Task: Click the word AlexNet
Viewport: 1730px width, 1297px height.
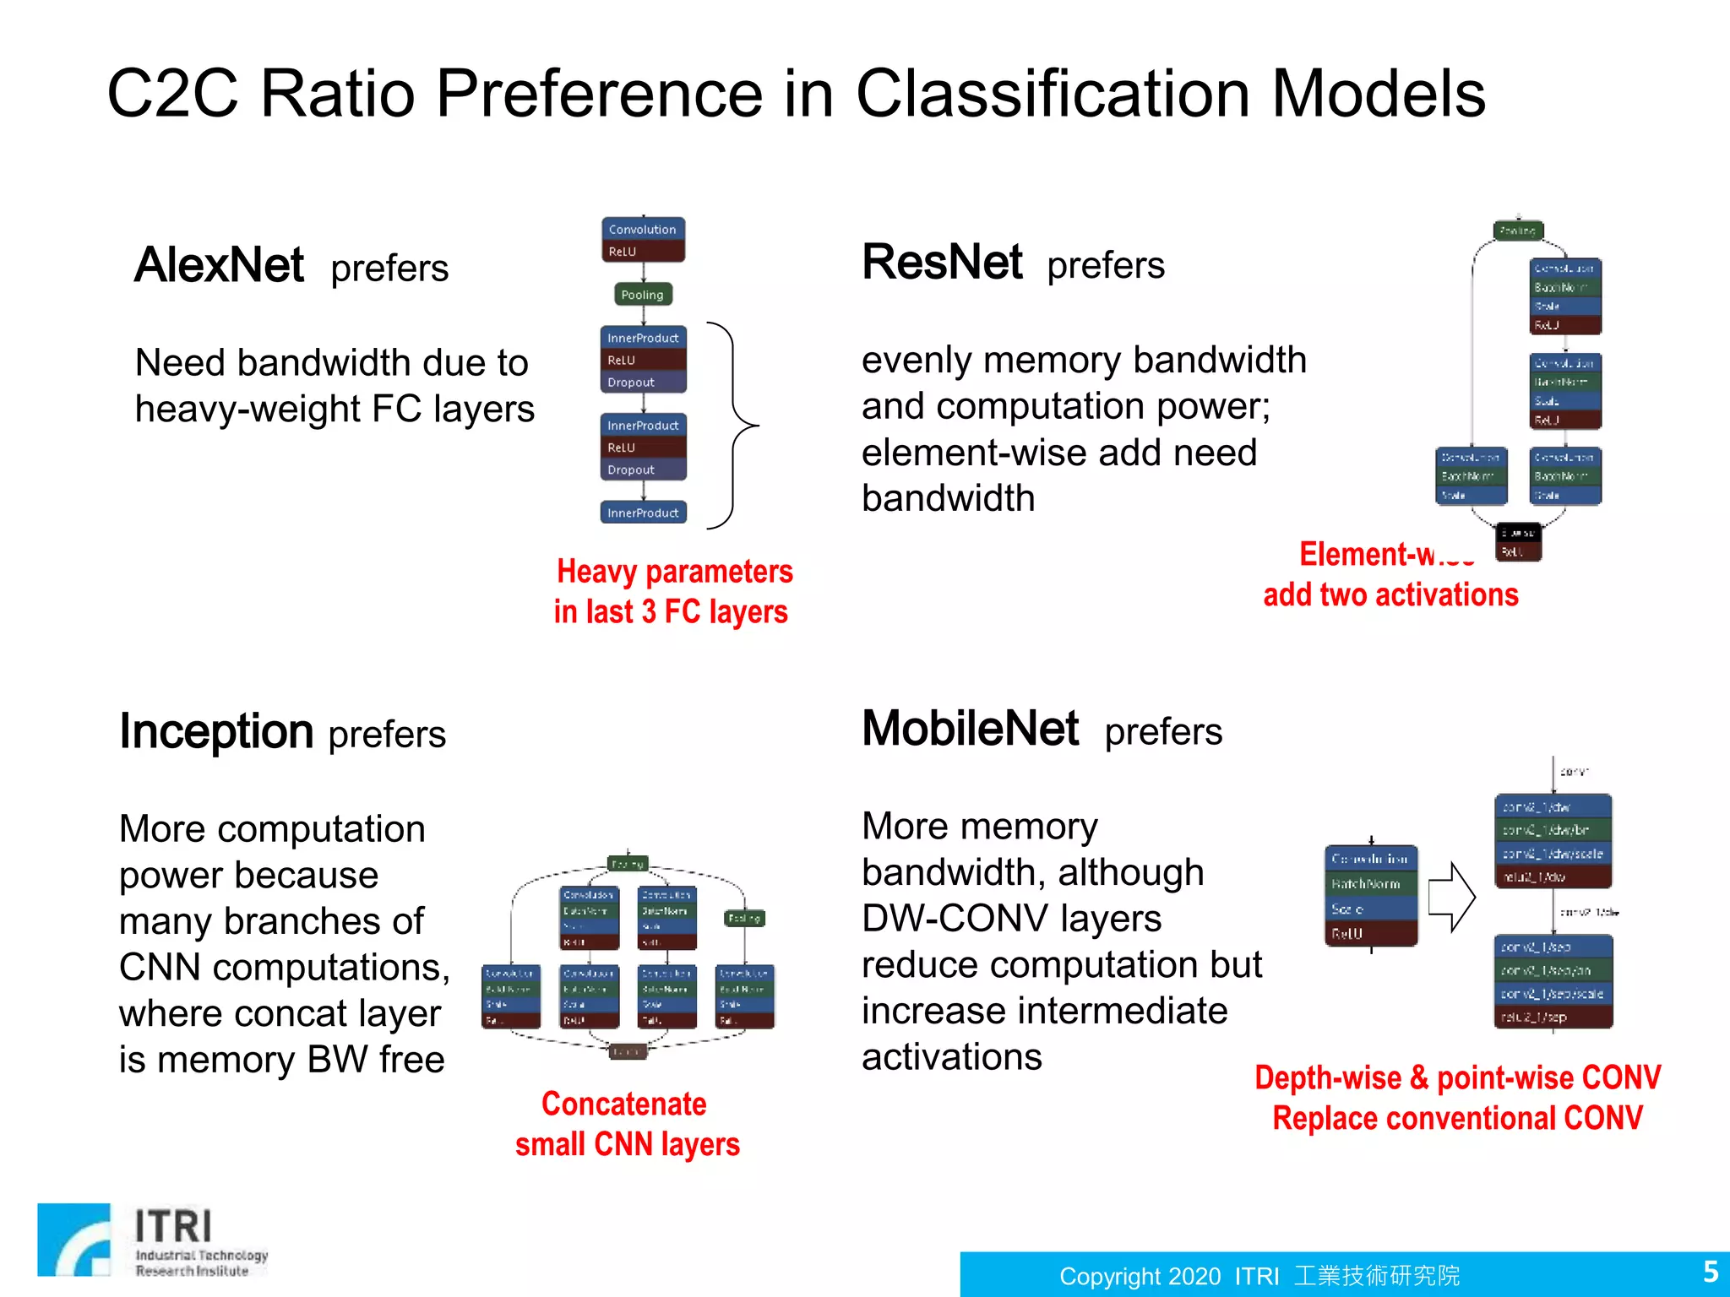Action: point(219,265)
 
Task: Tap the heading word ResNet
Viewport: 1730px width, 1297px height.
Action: point(942,262)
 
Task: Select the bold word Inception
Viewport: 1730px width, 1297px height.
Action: point(216,731)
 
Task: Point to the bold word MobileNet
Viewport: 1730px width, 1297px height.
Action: point(970,728)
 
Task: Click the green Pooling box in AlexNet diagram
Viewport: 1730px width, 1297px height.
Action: point(642,295)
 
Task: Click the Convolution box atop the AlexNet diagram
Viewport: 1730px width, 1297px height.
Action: point(643,230)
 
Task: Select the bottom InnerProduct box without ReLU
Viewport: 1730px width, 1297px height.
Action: point(643,513)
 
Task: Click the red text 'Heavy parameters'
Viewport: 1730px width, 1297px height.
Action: point(674,572)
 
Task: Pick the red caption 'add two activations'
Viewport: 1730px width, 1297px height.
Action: point(1390,594)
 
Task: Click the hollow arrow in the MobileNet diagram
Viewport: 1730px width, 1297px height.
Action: point(1451,897)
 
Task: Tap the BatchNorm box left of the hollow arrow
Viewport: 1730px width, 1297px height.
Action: point(1370,884)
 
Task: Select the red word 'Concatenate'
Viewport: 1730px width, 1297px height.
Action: point(623,1104)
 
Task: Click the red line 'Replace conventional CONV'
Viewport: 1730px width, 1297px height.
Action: point(1457,1118)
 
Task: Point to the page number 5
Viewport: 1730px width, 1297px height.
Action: point(1710,1272)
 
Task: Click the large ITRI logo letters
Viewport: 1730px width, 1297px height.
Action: point(173,1226)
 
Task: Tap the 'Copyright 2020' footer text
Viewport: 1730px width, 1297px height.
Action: point(1140,1276)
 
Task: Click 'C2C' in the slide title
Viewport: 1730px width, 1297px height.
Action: point(173,94)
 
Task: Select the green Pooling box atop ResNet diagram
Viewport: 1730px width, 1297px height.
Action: point(1518,231)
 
